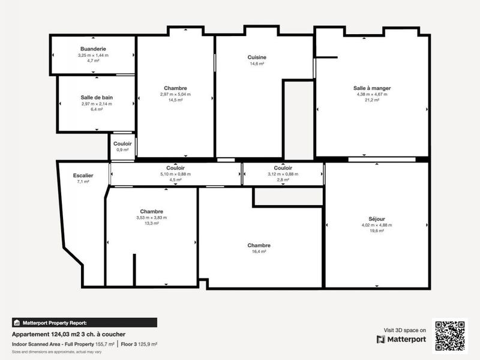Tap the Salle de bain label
point(97,97)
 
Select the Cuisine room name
point(257,58)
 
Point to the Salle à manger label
point(372,88)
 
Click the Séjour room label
point(376,219)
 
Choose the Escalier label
point(83,175)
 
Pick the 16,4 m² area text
point(259,252)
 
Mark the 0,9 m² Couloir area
point(122,150)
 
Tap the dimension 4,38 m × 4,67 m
point(372,94)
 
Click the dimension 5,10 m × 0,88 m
point(175,174)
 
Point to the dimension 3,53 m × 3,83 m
point(151,218)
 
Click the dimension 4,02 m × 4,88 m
point(376,225)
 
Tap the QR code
point(450,335)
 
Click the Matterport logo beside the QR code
point(402,340)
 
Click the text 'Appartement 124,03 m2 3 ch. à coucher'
point(68,334)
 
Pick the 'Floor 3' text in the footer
point(128,344)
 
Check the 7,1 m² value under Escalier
point(83,181)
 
